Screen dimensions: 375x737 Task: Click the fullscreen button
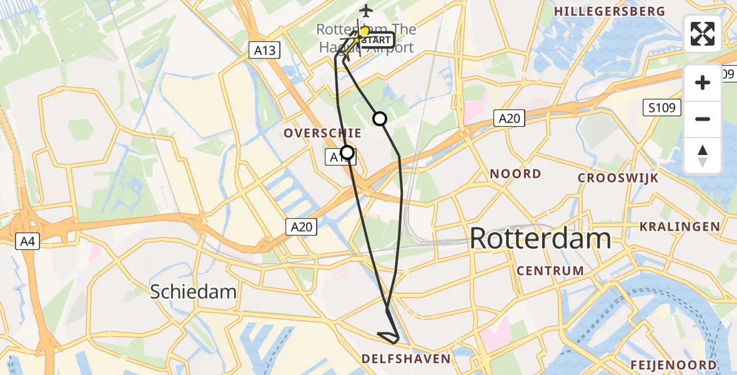point(703,34)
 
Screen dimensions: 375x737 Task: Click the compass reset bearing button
point(703,156)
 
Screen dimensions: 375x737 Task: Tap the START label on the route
point(376,40)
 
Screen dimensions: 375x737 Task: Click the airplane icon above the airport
point(365,11)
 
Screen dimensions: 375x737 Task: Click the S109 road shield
point(661,108)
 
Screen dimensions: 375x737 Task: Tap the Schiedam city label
point(193,291)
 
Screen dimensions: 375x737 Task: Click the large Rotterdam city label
point(540,239)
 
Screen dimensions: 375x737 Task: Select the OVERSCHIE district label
point(322,132)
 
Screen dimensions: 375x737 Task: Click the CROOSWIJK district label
point(618,178)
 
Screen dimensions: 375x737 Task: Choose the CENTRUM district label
point(550,271)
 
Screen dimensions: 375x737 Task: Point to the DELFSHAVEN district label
point(406,359)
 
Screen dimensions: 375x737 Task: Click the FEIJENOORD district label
point(673,365)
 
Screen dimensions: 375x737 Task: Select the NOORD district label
point(515,173)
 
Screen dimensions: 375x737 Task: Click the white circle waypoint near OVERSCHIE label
point(347,152)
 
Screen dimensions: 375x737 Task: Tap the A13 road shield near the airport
point(265,51)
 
